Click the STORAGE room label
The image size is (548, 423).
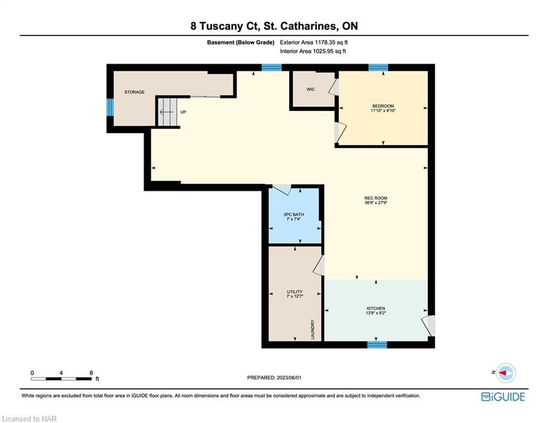coord(134,92)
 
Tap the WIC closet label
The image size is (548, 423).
coord(311,89)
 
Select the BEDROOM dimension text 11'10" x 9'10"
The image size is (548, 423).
coord(383,111)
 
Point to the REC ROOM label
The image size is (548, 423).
coord(376,198)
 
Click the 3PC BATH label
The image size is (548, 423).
coord(294,214)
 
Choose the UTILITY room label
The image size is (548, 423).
coord(295,291)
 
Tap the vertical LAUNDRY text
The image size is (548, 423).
coord(312,329)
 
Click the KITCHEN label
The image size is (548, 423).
coord(376,308)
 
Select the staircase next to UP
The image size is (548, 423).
coord(167,112)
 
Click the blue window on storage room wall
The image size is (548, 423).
coord(110,107)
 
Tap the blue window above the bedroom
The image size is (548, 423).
coord(378,67)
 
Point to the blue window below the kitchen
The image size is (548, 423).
coord(377,345)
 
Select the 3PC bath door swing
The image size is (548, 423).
coord(281,189)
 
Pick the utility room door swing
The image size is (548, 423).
coord(319,265)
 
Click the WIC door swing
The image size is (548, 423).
coord(333,87)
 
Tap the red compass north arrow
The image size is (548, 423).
coord(503,373)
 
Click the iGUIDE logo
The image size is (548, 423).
coord(503,397)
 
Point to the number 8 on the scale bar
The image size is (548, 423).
coord(91,373)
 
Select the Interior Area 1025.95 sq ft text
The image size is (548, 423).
coord(313,51)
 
